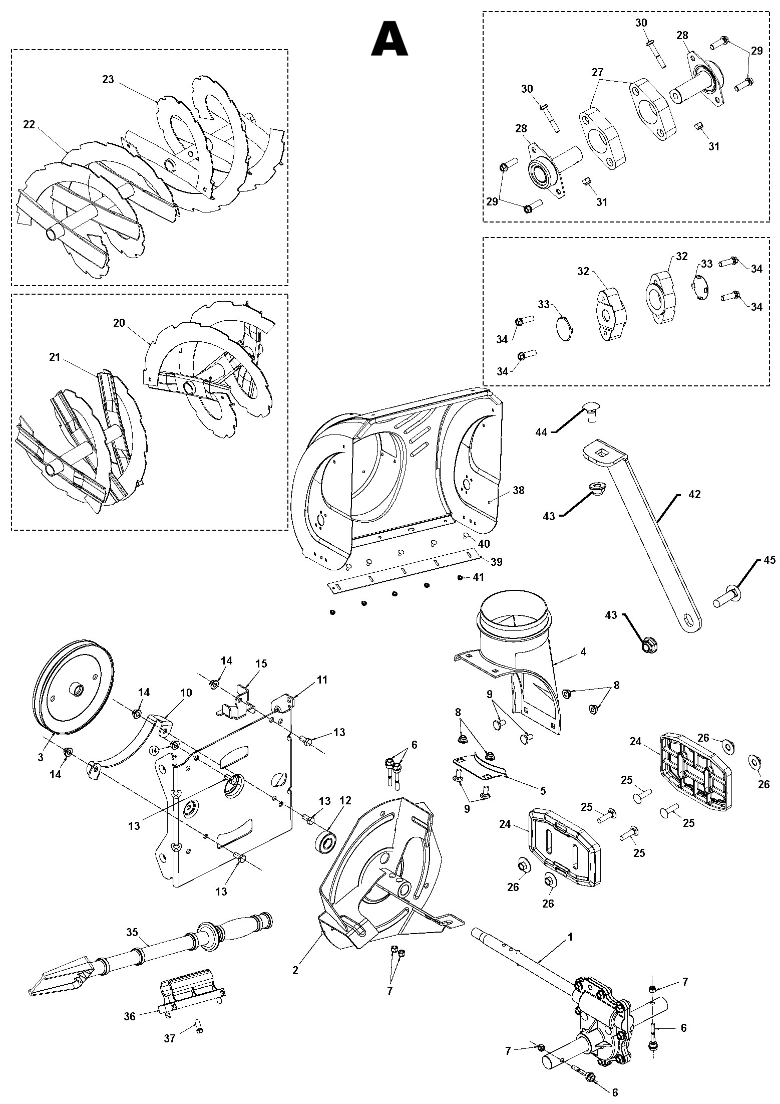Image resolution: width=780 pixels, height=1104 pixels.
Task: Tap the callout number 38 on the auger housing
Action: tap(518, 490)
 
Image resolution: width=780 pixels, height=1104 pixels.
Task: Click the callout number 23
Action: tap(108, 79)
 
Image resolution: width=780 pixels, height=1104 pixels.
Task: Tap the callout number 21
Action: tap(55, 357)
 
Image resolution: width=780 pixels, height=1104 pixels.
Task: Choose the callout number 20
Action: tap(119, 323)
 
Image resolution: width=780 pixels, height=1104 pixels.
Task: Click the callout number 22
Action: tap(29, 124)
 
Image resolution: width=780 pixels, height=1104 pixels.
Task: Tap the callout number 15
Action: tap(261, 664)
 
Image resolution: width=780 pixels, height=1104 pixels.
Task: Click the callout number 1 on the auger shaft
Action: tap(570, 936)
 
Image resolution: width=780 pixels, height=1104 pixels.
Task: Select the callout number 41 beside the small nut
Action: tap(479, 577)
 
